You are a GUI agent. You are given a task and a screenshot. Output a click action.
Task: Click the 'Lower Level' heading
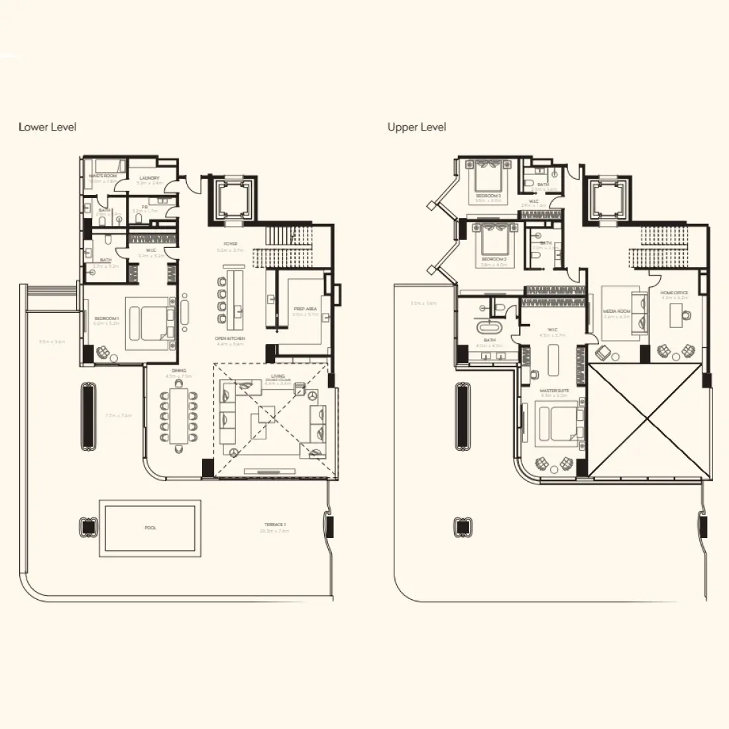pyautogui.click(x=48, y=127)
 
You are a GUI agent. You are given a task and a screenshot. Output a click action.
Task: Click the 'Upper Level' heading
pyautogui.click(x=417, y=127)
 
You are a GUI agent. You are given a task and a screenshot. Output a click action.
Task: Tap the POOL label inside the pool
pyautogui.click(x=150, y=528)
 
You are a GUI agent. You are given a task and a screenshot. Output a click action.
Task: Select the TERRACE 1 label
pyautogui.click(x=275, y=524)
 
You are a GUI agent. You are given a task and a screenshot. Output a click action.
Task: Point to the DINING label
pyautogui.click(x=179, y=370)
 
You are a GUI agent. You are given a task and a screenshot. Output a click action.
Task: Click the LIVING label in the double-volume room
pyautogui.click(x=278, y=376)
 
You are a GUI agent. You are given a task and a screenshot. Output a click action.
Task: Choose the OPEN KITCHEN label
pyautogui.click(x=230, y=339)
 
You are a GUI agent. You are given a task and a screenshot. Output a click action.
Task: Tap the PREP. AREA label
pyautogui.click(x=306, y=309)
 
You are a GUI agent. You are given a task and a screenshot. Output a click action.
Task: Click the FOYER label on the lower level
pyautogui.click(x=231, y=244)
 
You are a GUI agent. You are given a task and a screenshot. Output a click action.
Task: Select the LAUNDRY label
pyautogui.click(x=149, y=178)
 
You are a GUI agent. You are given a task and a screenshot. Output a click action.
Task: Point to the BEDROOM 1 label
pyautogui.click(x=106, y=319)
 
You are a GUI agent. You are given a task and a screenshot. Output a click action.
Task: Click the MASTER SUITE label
pyautogui.click(x=554, y=390)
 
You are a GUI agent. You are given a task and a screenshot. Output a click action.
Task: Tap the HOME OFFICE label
pyautogui.click(x=675, y=292)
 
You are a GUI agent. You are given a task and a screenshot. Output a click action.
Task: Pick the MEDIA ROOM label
pyautogui.click(x=616, y=311)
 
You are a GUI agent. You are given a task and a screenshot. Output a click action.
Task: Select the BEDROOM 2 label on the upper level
pyautogui.click(x=494, y=258)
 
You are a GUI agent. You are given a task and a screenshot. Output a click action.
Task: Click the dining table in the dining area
pyautogui.click(x=179, y=415)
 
